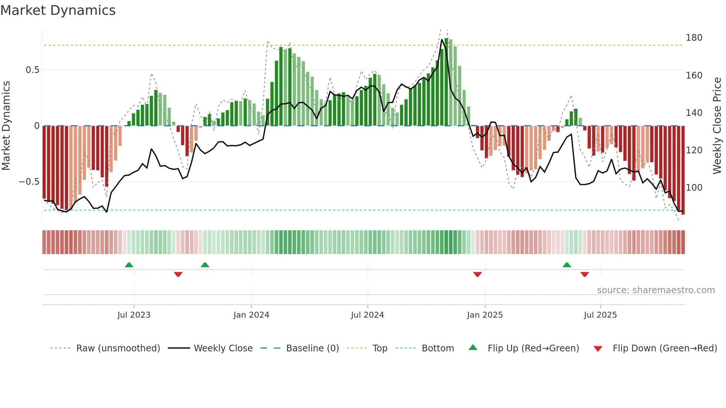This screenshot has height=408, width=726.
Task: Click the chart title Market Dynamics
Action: (x=58, y=10)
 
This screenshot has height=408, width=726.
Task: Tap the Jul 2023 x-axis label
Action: (x=134, y=315)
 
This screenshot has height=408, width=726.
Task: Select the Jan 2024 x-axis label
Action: (x=251, y=315)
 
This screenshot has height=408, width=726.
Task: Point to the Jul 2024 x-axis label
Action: (x=367, y=315)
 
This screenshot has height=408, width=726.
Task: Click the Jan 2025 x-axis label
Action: (x=484, y=315)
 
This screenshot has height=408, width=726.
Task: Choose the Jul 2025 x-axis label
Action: (x=600, y=315)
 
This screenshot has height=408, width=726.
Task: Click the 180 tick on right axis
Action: (x=694, y=38)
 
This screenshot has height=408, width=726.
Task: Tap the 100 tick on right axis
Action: (x=694, y=188)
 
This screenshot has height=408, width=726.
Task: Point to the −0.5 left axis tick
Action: (x=29, y=182)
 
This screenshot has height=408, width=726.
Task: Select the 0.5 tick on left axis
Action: (x=32, y=70)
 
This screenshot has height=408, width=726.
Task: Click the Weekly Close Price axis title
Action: (x=717, y=126)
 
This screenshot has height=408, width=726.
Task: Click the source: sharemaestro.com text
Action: (x=656, y=290)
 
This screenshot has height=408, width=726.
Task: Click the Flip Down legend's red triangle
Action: (x=597, y=349)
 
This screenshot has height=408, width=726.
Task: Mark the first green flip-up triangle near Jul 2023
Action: (x=129, y=265)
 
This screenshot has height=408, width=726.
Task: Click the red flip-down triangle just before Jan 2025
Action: (x=477, y=274)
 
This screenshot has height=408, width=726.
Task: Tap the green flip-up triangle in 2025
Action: (x=567, y=265)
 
